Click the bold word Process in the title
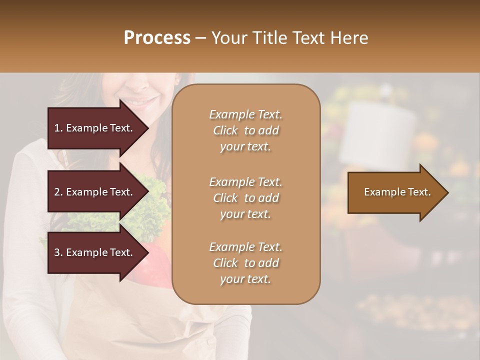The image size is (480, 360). point(157,38)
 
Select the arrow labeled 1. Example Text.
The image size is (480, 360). point(95,128)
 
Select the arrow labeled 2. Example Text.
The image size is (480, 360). point(95,192)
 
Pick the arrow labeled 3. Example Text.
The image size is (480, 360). point(95,252)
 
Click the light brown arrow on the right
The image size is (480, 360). point(395,192)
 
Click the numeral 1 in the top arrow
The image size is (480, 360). point(56,128)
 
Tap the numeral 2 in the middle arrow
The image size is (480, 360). point(57,192)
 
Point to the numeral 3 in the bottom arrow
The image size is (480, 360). point(57,252)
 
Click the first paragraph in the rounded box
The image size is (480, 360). point(245,130)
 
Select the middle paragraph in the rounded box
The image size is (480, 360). point(245,198)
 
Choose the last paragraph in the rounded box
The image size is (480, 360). point(245,263)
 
